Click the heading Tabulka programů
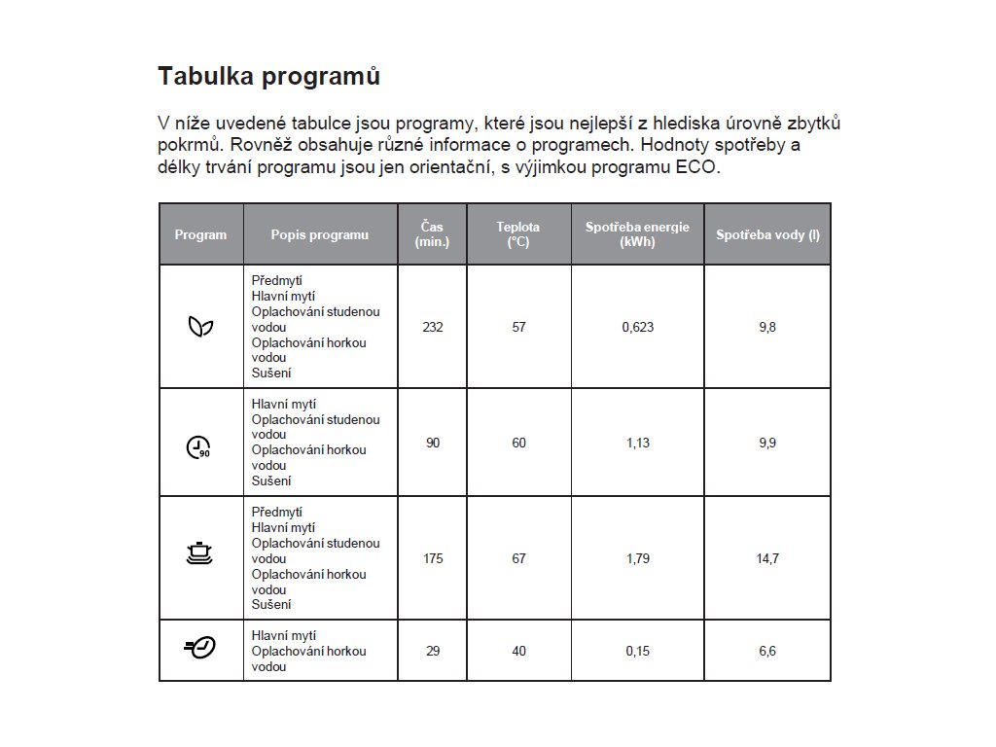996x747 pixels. tap(268, 76)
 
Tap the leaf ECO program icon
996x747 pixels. tap(200, 327)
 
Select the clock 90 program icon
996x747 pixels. tap(198, 445)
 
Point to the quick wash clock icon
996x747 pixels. tap(199, 648)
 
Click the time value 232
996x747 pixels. tap(433, 327)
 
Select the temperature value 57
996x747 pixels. tap(518, 327)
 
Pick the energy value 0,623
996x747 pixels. tap(638, 327)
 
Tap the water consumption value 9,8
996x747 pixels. tap(767, 327)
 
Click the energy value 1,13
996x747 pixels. tap(638, 443)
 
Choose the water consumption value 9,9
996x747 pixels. tap(767, 443)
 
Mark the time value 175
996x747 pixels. tap(433, 558)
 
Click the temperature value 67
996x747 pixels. tap(518, 558)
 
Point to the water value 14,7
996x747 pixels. tap(767, 558)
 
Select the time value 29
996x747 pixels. tap(433, 651)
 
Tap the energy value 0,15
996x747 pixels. tap(638, 651)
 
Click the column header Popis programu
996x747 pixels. tap(320, 234)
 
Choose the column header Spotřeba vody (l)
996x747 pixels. tap(767, 234)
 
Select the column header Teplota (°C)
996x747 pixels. tap(518, 234)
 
